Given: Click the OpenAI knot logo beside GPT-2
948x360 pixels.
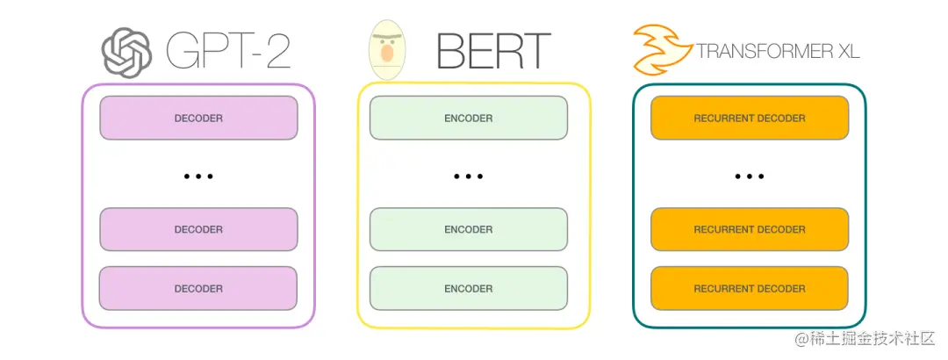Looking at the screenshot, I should coord(126,52).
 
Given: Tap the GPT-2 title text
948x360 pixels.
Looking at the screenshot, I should coord(226,52).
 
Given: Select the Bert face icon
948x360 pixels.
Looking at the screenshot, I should coord(386,51).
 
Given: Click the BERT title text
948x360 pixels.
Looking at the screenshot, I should coord(492,52).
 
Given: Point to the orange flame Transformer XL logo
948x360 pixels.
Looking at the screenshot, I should coord(660,49).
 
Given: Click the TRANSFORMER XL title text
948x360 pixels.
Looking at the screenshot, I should coord(778,52).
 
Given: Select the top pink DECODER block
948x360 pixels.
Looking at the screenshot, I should coord(198,118).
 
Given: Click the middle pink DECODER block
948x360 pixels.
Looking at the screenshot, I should coord(198,229).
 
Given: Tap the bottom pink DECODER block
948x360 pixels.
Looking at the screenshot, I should coord(198,288).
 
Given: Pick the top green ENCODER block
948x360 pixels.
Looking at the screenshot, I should coord(469,118).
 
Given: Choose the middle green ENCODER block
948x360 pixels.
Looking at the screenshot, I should coord(469,229).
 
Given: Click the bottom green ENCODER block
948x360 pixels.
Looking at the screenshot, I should coord(469,288).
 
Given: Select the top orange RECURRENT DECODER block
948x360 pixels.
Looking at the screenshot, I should coord(750,118).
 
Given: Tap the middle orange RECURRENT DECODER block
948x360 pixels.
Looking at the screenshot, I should coord(750,229).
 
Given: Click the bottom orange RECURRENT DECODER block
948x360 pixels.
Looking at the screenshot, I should coord(750,288).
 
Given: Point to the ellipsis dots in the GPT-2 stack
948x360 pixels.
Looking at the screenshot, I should coord(198,176).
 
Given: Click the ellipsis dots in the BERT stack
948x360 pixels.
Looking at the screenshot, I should coord(469,176).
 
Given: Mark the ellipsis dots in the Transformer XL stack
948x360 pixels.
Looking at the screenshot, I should coord(750,176).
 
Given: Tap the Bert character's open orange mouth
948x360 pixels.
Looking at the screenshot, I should coord(387,54).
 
